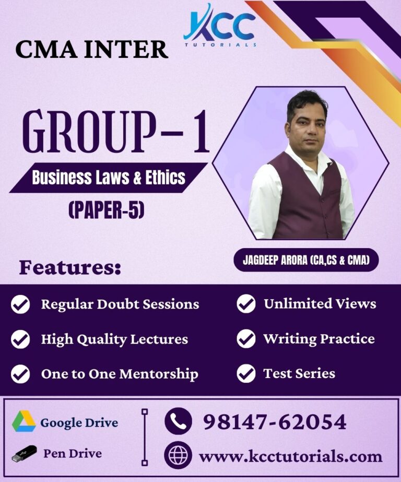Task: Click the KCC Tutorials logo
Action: coord(219,25)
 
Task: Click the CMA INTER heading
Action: coord(91,50)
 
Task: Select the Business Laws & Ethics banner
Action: coord(108,178)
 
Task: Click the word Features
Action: coord(70,268)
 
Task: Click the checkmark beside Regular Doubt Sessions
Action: coord(20,304)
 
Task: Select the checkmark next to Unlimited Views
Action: coord(246,304)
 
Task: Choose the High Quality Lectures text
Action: coord(114,339)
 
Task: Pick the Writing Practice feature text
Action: coord(319,338)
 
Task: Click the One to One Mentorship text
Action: coord(120,374)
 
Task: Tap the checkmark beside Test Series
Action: coord(246,373)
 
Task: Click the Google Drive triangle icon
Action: coord(23,421)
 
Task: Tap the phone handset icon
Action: coord(178,421)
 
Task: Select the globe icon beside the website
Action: coord(178,455)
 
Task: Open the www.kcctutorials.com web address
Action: coord(290,456)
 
